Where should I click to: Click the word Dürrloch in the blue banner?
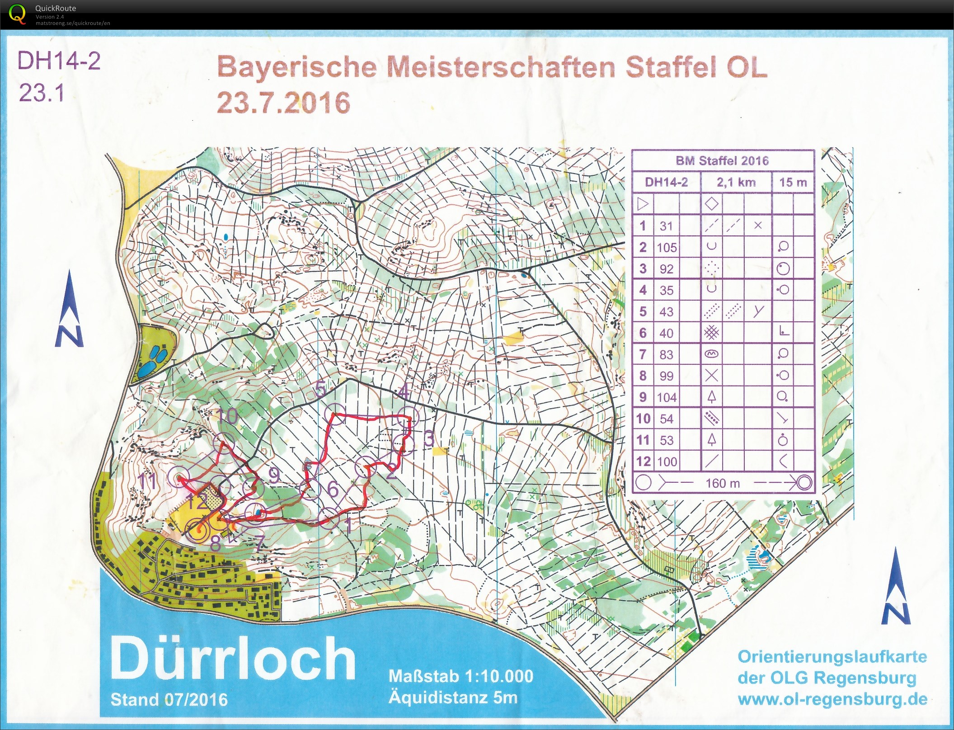coord(233,659)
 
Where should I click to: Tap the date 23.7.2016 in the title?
coord(283,103)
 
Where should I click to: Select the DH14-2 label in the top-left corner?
coord(59,61)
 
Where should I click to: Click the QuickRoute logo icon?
coord(17,14)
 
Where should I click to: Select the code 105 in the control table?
coord(667,248)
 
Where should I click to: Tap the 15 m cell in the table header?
coord(793,182)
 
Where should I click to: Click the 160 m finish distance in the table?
coord(722,483)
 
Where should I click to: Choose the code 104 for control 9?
coord(667,397)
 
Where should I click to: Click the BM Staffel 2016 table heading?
coord(722,160)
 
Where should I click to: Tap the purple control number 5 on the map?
coord(321,389)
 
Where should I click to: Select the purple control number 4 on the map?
coord(404,391)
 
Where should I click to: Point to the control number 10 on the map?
coord(227,416)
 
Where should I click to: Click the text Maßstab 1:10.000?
coord(461,676)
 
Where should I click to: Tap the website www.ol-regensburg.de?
coord(832,699)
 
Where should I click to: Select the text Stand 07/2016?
coord(169,700)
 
